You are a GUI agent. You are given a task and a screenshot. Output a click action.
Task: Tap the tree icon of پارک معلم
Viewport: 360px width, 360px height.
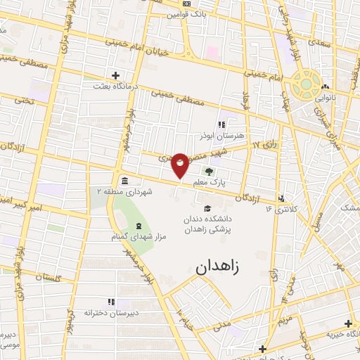click(207, 171)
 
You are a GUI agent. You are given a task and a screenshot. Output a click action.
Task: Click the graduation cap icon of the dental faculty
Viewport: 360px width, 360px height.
click(207, 208)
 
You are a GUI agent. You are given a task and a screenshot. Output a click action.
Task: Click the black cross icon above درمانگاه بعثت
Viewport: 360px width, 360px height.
click(116, 75)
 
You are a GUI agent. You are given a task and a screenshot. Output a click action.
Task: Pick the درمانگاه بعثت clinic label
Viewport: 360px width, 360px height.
click(116, 86)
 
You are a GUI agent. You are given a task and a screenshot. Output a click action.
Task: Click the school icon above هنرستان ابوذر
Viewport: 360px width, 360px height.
click(221, 124)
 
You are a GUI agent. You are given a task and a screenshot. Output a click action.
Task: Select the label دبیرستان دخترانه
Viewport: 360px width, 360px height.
click(110, 312)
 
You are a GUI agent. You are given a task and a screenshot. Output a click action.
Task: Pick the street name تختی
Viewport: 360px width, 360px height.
click(25, 100)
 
